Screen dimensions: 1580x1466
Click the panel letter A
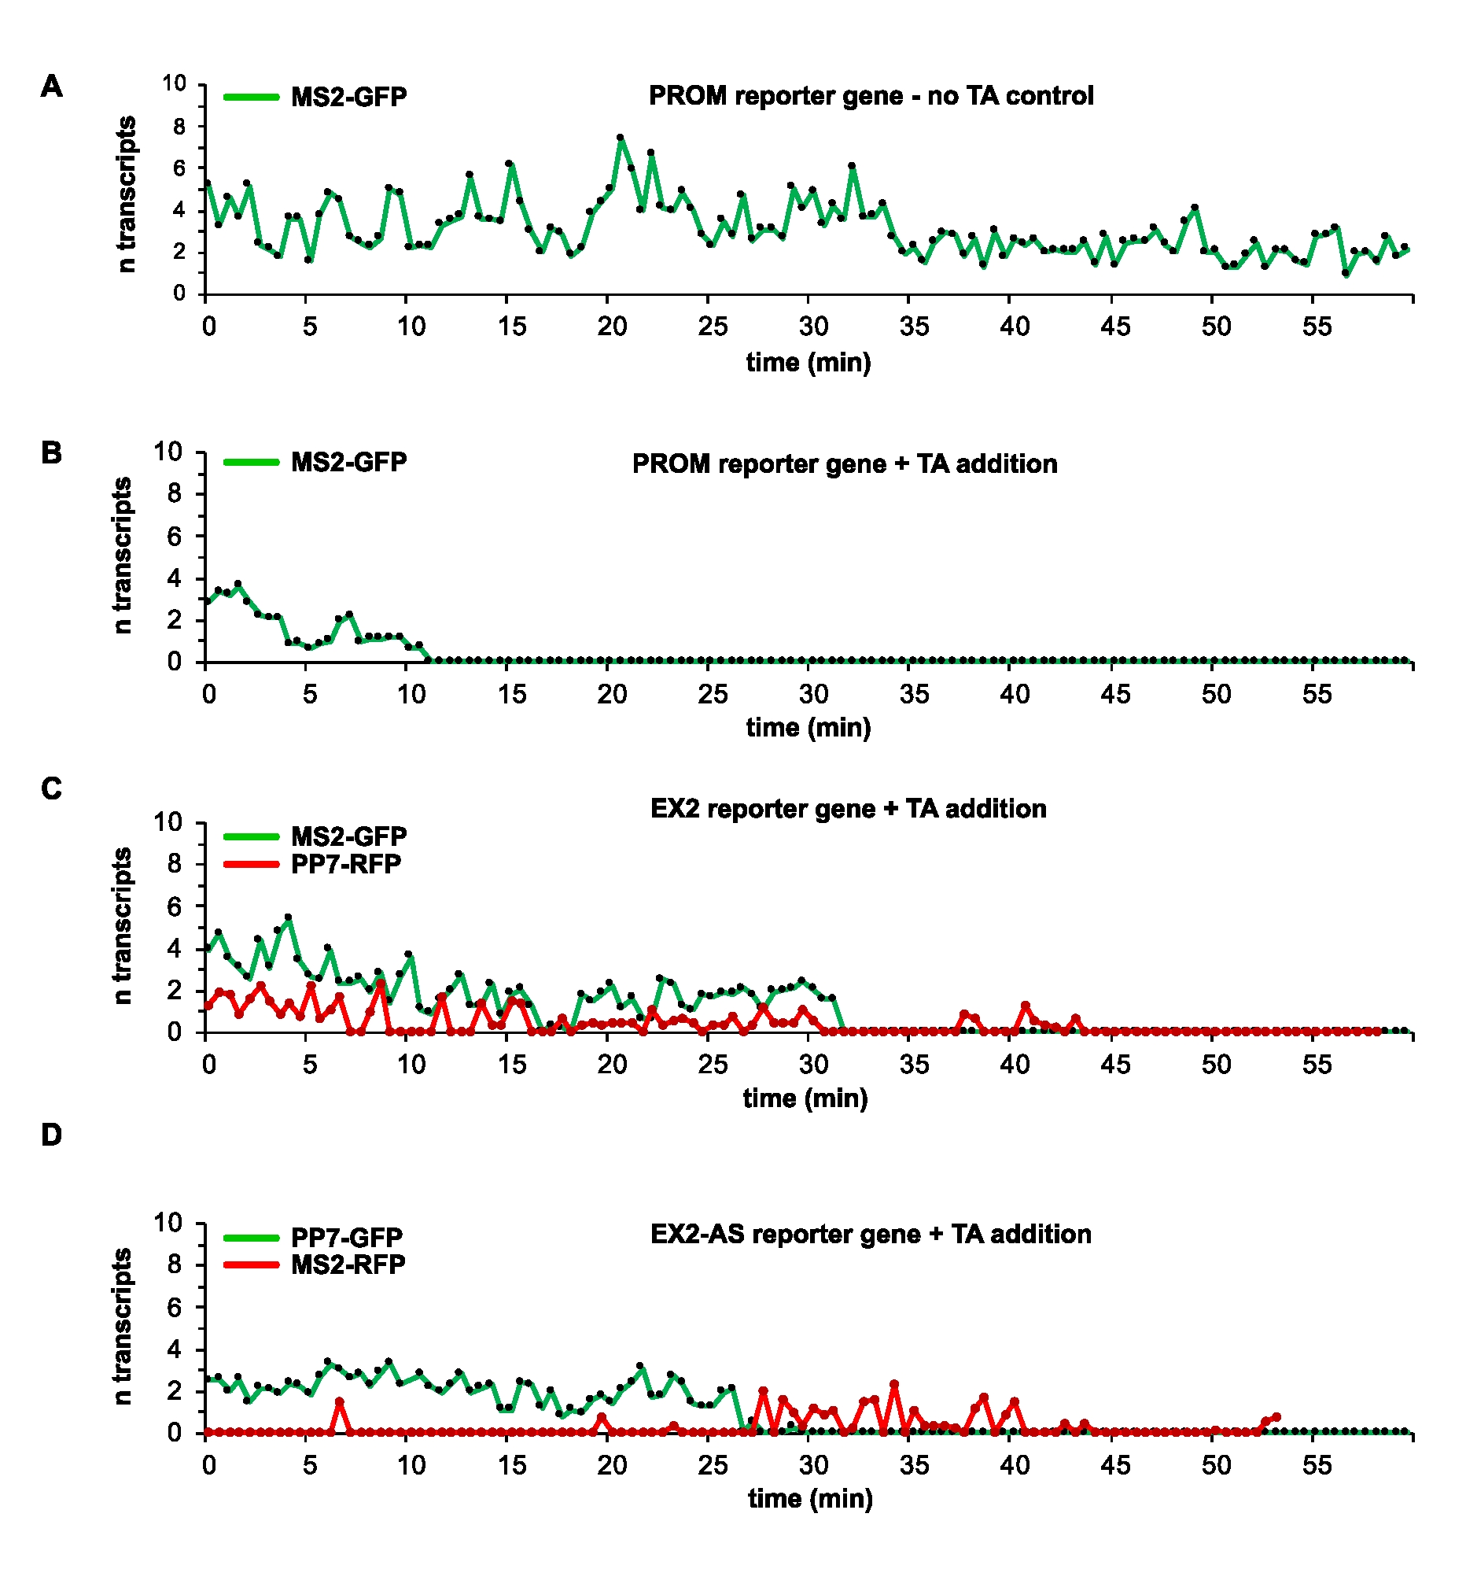tap(52, 86)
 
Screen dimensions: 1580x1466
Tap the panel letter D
tap(52, 1135)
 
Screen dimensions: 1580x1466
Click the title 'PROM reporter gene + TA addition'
tap(844, 463)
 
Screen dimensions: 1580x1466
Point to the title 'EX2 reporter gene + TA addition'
tap(848, 809)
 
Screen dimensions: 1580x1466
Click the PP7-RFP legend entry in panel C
tap(346, 863)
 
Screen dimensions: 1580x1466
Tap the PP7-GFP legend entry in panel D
tap(347, 1237)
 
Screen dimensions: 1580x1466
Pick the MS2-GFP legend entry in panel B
tap(348, 462)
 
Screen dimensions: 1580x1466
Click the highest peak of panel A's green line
tap(620, 138)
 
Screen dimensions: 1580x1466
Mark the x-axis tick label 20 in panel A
tap(612, 327)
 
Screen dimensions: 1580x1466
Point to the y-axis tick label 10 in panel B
tap(168, 452)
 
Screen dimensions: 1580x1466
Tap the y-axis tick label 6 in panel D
tap(175, 1307)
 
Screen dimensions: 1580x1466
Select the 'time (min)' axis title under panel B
tap(809, 727)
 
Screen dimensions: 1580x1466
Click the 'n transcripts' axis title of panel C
tap(123, 926)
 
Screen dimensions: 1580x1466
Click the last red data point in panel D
tap(1276, 1416)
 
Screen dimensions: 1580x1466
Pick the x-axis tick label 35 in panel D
tap(914, 1465)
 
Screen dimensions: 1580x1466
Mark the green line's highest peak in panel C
tap(289, 917)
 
